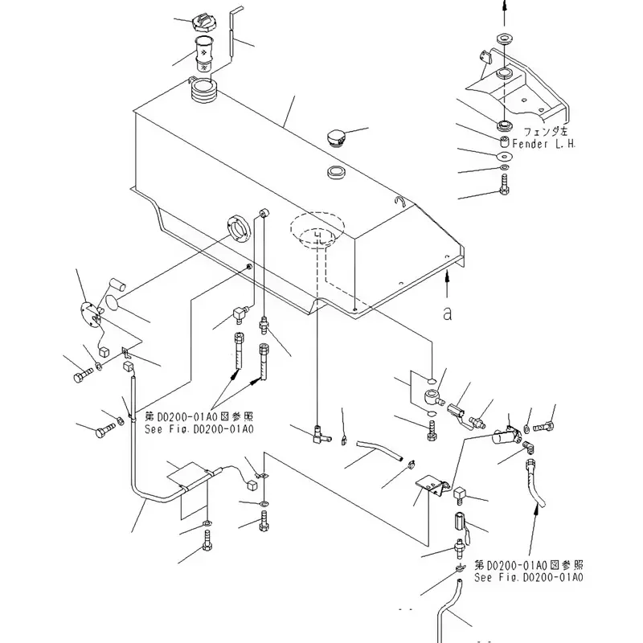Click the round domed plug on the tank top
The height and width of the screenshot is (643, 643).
click(x=336, y=138)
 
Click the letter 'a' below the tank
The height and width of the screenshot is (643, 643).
click(x=447, y=313)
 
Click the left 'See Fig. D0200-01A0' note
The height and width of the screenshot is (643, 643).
click(x=199, y=429)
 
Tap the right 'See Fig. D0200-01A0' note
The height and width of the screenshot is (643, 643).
click(x=528, y=576)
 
